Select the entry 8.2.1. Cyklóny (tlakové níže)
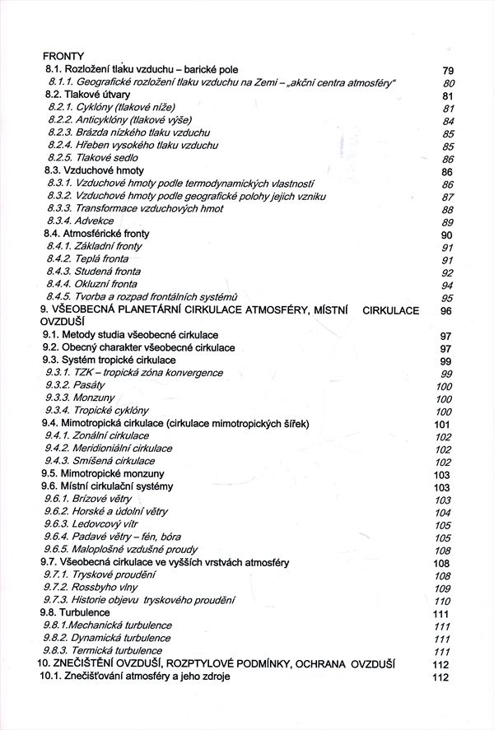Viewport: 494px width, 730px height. coord(111,107)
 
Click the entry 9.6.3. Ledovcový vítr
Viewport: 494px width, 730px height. coord(94,524)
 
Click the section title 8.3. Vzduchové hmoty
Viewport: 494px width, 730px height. coord(84,170)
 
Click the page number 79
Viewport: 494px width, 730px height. coord(448,70)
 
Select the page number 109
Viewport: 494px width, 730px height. coord(442,588)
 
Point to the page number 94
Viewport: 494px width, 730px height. coord(448,285)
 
